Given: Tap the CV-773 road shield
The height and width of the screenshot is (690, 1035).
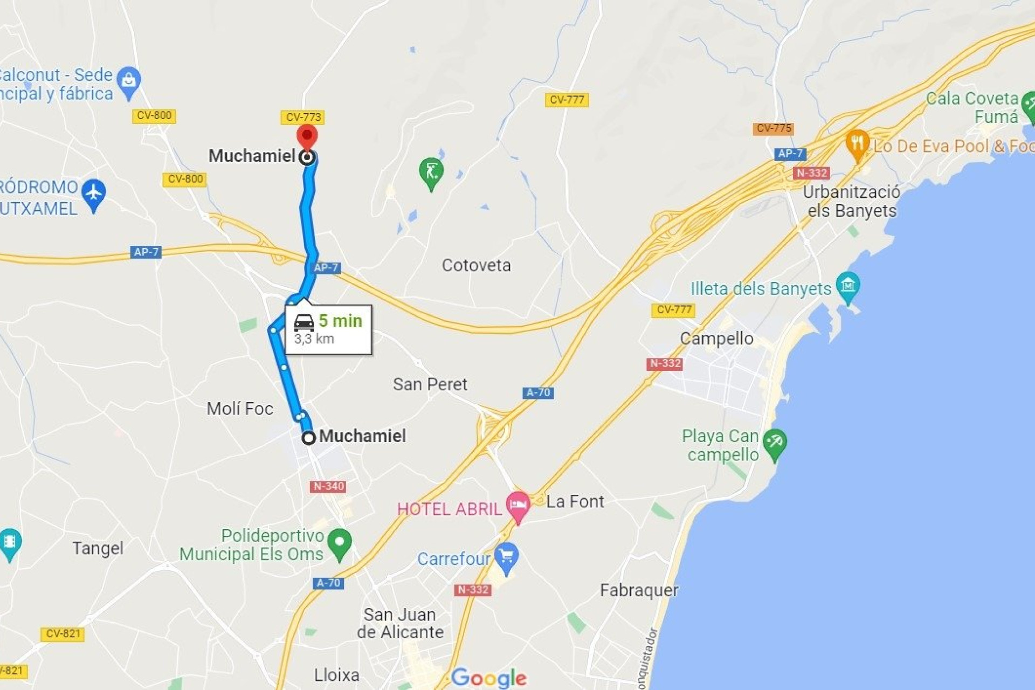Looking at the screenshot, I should pos(302,117).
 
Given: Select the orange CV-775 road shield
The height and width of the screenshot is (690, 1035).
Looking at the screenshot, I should pos(773,128).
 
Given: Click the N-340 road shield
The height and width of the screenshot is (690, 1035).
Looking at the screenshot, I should pos(328,486).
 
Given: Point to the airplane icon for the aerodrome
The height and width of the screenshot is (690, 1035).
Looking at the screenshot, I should pos(94,192).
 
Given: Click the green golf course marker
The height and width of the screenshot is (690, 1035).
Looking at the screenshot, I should pos(431,172).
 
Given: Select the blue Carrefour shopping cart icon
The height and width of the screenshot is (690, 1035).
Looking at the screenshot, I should pos(506,556).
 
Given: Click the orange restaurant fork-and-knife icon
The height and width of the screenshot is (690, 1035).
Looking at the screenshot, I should pos(857,143).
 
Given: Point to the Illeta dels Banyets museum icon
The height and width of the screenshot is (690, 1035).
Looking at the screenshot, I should pos(847,285).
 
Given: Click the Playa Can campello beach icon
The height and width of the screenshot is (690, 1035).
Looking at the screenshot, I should pos(775,443).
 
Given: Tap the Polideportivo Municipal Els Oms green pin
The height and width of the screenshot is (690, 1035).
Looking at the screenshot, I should pos(340,542).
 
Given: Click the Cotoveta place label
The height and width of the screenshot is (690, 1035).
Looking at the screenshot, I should pos(476,265).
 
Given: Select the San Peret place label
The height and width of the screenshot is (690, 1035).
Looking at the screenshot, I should pos(430,384).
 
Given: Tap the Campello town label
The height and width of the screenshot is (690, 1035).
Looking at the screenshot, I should pos(716,339).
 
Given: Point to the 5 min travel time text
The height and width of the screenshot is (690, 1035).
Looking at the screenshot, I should pos(340,321).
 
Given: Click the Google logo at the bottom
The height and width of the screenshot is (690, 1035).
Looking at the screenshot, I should pos(488,678).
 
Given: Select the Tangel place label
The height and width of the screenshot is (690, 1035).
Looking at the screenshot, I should pos(98,548).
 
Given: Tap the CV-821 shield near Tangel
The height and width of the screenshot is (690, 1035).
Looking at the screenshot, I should pos(63,634).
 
